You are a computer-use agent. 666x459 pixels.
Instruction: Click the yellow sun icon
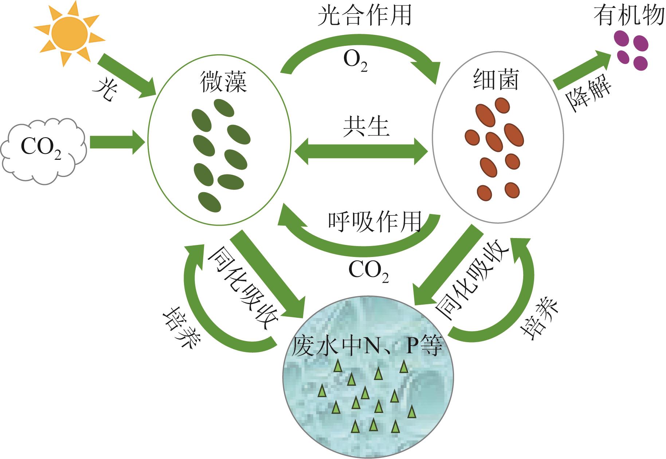[69, 33]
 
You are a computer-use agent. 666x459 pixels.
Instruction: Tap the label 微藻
[223, 82]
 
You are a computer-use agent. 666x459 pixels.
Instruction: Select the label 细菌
[495, 80]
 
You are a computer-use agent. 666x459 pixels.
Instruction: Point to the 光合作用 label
[365, 15]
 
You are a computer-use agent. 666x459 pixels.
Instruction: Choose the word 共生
[366, 127]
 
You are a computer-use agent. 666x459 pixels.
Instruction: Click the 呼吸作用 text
[375, 222]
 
